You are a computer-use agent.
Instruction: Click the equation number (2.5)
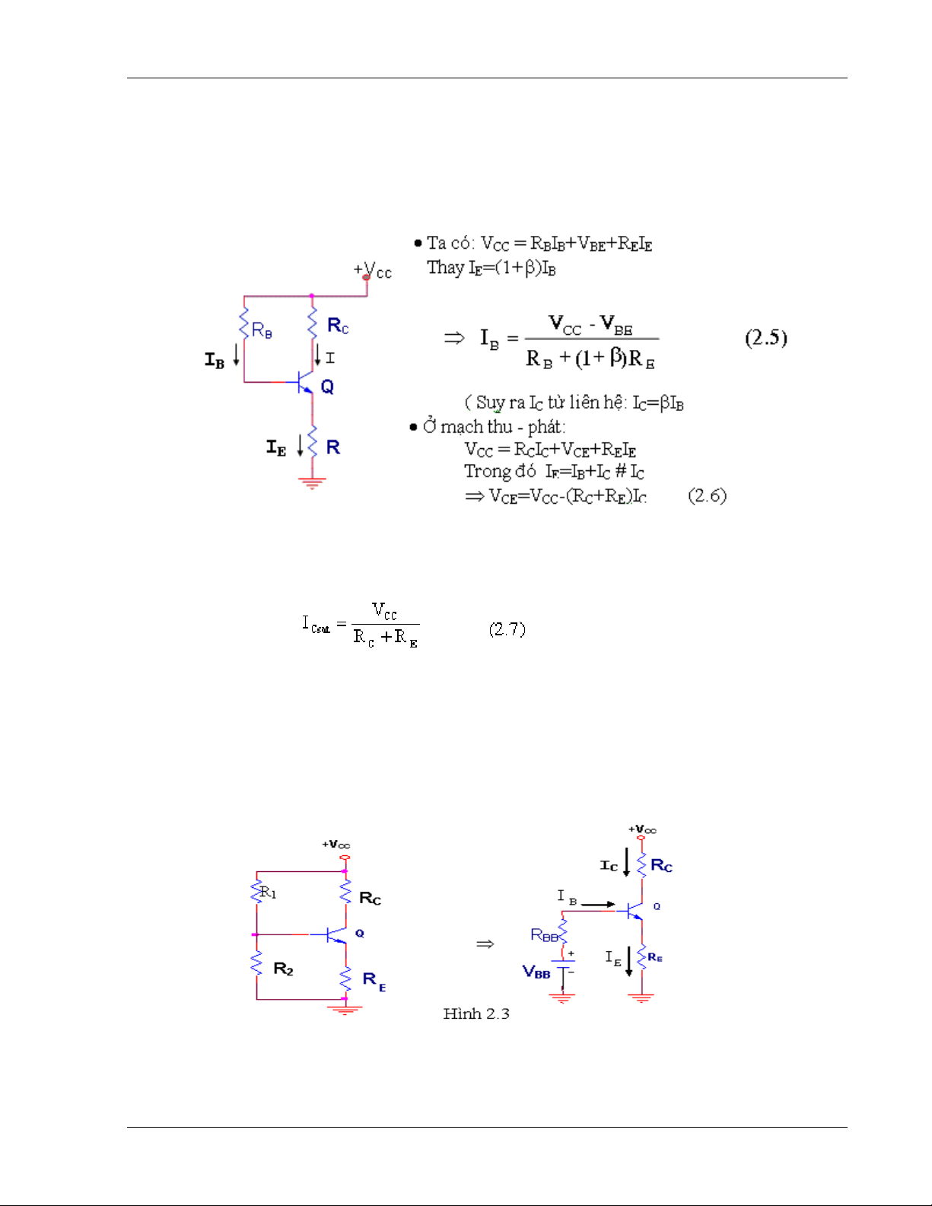pyautogui.click(x=765, y=337)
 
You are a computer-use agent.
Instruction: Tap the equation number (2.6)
pyautogui.click(x=707, y=496)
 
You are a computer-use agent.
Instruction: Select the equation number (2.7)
pyautogui.click(x=507, y=629)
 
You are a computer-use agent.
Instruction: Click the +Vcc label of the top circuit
pyautogui.click(x=372, y=270)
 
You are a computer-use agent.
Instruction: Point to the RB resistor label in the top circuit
pyautogui.click(x=262, y=330)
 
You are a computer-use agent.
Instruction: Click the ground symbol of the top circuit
pyautogui.click(x=312, y=482)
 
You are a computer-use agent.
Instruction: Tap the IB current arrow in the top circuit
pyautogui.click(x=237, y=355)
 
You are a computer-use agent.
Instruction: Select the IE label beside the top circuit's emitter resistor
pyautogui.click(x=276, y=447)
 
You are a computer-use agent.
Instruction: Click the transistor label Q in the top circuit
pyautogui.click(x=327, y=387)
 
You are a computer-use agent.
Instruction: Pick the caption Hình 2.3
pyautogui.click(x=476, y=1013)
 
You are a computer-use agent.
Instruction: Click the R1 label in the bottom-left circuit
pyautogui.click(x=268, y=892)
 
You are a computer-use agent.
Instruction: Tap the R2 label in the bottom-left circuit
pyautogui.click(x=283, y=969)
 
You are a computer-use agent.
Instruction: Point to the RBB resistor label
pyautogui.click(x=544, y=935)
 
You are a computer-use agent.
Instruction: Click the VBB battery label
pyautogui.click(x=536, y=972)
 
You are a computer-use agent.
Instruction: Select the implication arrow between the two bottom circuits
pyautogui.click(x=485, y=944)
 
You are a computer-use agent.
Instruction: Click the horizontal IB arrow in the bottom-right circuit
pyautogui.click(x=598, y=905)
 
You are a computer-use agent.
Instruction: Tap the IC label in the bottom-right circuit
pyautogui.click(x=609, y=866)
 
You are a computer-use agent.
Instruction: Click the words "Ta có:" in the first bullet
pyautogui.click(x=450, y=243)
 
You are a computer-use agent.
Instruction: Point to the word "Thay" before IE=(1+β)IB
pyautogui.click(x=445, y=268)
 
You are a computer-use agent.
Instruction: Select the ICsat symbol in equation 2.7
pyautogui.click(x=316, y=625)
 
